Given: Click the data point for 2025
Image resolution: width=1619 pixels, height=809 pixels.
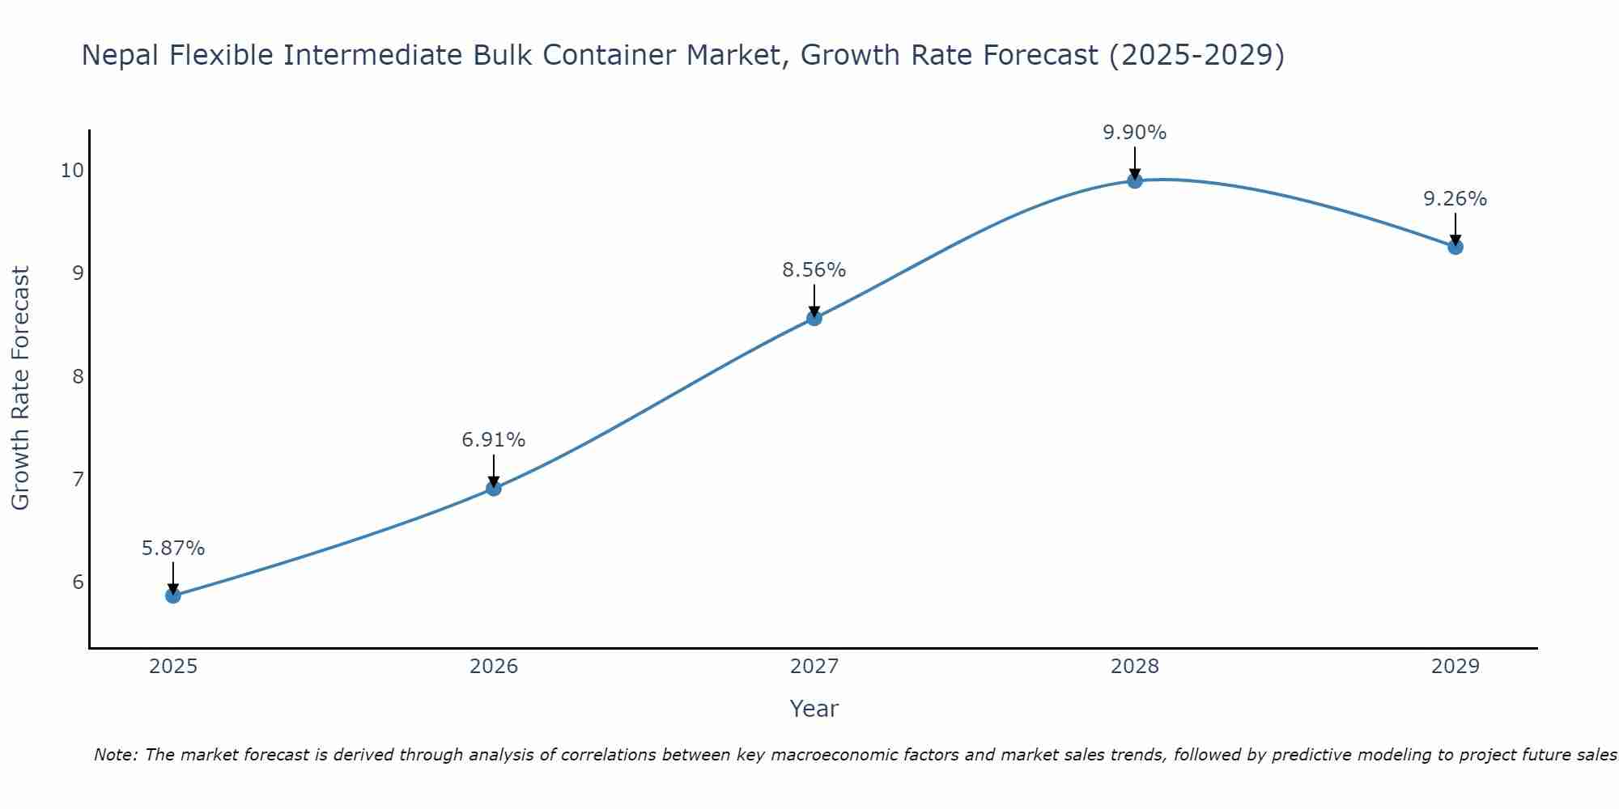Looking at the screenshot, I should (173, 595).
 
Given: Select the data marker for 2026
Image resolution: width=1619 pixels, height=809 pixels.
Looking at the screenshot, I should (494, 488).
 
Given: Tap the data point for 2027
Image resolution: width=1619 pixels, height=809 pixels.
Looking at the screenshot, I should (814, 318).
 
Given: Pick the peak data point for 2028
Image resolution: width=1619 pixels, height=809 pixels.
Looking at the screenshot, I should (1135, 180).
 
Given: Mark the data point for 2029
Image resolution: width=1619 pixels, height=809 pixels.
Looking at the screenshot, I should (1455, 247).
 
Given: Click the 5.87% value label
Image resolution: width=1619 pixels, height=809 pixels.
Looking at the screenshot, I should (173, 549).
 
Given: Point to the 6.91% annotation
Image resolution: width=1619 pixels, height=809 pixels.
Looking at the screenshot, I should (494, 440).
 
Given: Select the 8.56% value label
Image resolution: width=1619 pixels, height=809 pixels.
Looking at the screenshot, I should (814, 270).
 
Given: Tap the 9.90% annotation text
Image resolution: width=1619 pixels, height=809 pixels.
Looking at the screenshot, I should (1135, 133).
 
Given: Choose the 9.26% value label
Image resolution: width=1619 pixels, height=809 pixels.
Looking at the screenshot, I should (1455, 199).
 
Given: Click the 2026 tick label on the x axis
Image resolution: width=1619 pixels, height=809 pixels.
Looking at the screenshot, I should (494, 667).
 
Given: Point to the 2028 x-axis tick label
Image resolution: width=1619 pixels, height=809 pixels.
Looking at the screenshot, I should (1135, 667).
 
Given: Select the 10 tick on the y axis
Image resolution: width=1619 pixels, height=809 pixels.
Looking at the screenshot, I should (72, 170).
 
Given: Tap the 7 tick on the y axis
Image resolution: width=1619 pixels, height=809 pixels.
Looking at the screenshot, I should (78, 480).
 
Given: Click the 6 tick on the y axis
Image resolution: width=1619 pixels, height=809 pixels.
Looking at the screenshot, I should (78, 582).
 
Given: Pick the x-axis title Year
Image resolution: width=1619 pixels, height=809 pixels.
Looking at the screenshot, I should (814, 709).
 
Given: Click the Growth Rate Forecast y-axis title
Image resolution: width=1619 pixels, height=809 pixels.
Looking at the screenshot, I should (21, 388).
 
